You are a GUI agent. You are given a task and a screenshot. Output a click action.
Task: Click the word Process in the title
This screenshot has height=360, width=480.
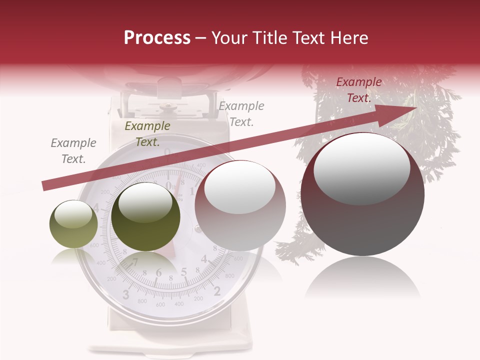click(157, 38)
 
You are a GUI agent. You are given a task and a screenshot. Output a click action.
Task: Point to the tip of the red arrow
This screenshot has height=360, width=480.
click(416, 107)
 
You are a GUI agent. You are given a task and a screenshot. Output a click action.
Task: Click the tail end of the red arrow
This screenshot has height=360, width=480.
click(44, 186)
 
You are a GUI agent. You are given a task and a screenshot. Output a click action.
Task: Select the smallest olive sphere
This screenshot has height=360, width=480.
click(73, 224)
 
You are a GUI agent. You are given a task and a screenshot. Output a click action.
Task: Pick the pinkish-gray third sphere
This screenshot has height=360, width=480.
click(240, 205)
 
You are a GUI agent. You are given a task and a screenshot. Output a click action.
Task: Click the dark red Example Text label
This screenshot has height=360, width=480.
click(358, 90)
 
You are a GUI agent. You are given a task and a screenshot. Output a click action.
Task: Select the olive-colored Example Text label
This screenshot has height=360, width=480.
click(147, 134)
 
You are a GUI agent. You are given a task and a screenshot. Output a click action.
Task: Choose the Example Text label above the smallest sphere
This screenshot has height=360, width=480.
click(73, 151)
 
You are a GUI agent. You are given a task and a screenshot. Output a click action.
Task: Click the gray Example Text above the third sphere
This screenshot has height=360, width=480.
click(241, 113)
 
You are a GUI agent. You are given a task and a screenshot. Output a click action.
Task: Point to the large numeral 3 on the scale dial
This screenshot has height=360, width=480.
click(126, 293)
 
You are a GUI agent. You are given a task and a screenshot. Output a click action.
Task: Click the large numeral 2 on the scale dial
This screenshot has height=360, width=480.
click(217, 291)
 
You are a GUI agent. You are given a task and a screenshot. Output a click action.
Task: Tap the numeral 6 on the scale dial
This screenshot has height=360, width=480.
click(159, 273)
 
